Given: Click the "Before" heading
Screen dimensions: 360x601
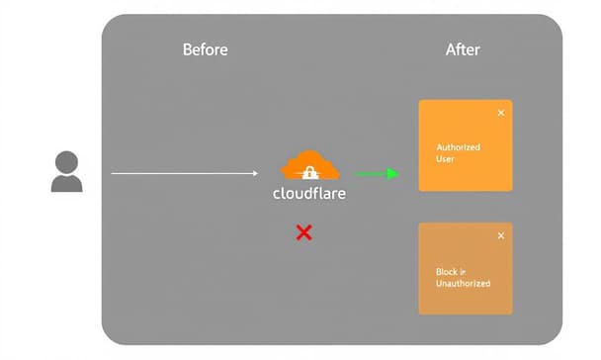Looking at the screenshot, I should point(205,49).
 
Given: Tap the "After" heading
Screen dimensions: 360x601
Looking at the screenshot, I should point(463,49).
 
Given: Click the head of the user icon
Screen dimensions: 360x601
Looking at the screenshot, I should point(67,161).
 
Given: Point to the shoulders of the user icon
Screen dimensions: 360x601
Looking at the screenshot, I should point(67,183).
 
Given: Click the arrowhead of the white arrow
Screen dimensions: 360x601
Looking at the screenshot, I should point(254,173).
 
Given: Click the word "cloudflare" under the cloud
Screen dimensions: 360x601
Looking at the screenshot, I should point(309,194).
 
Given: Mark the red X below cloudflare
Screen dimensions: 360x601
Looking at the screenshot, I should point(304,232).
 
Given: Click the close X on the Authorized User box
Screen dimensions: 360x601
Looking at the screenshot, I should point(500,113).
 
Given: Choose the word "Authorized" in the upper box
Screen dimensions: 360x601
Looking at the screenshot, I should point(459,147).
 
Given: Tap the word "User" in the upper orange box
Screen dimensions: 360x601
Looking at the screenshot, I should point(445,159).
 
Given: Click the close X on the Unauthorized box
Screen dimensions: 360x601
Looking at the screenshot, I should point(500,235).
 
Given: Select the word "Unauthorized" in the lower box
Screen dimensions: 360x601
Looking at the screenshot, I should point(463,283).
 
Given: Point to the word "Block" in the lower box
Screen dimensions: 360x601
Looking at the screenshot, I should point(447,271).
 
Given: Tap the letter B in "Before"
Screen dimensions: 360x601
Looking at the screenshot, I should point(187,49).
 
